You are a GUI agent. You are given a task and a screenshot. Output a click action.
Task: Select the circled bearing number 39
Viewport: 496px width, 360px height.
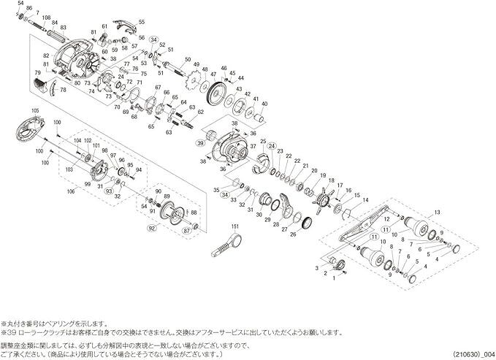click(x=200, y=145)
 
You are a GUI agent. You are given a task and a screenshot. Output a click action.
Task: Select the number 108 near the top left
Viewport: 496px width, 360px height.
click(x=47, y=18)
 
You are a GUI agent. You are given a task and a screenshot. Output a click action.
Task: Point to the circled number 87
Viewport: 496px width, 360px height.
click(x=186, y=230)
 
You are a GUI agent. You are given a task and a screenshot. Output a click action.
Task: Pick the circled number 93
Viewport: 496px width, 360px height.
click(x=108, y=191)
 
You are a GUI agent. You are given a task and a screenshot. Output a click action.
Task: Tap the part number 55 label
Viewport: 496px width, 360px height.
click(x=141, y=22)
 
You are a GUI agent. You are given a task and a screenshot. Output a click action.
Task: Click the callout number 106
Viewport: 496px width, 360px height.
click(x=72, y=192)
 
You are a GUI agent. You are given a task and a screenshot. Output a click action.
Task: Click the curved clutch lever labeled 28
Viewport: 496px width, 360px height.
click(x=286, y=204)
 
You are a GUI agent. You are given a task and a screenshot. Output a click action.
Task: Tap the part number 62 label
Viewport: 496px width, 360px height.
click(x=201, y=113)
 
